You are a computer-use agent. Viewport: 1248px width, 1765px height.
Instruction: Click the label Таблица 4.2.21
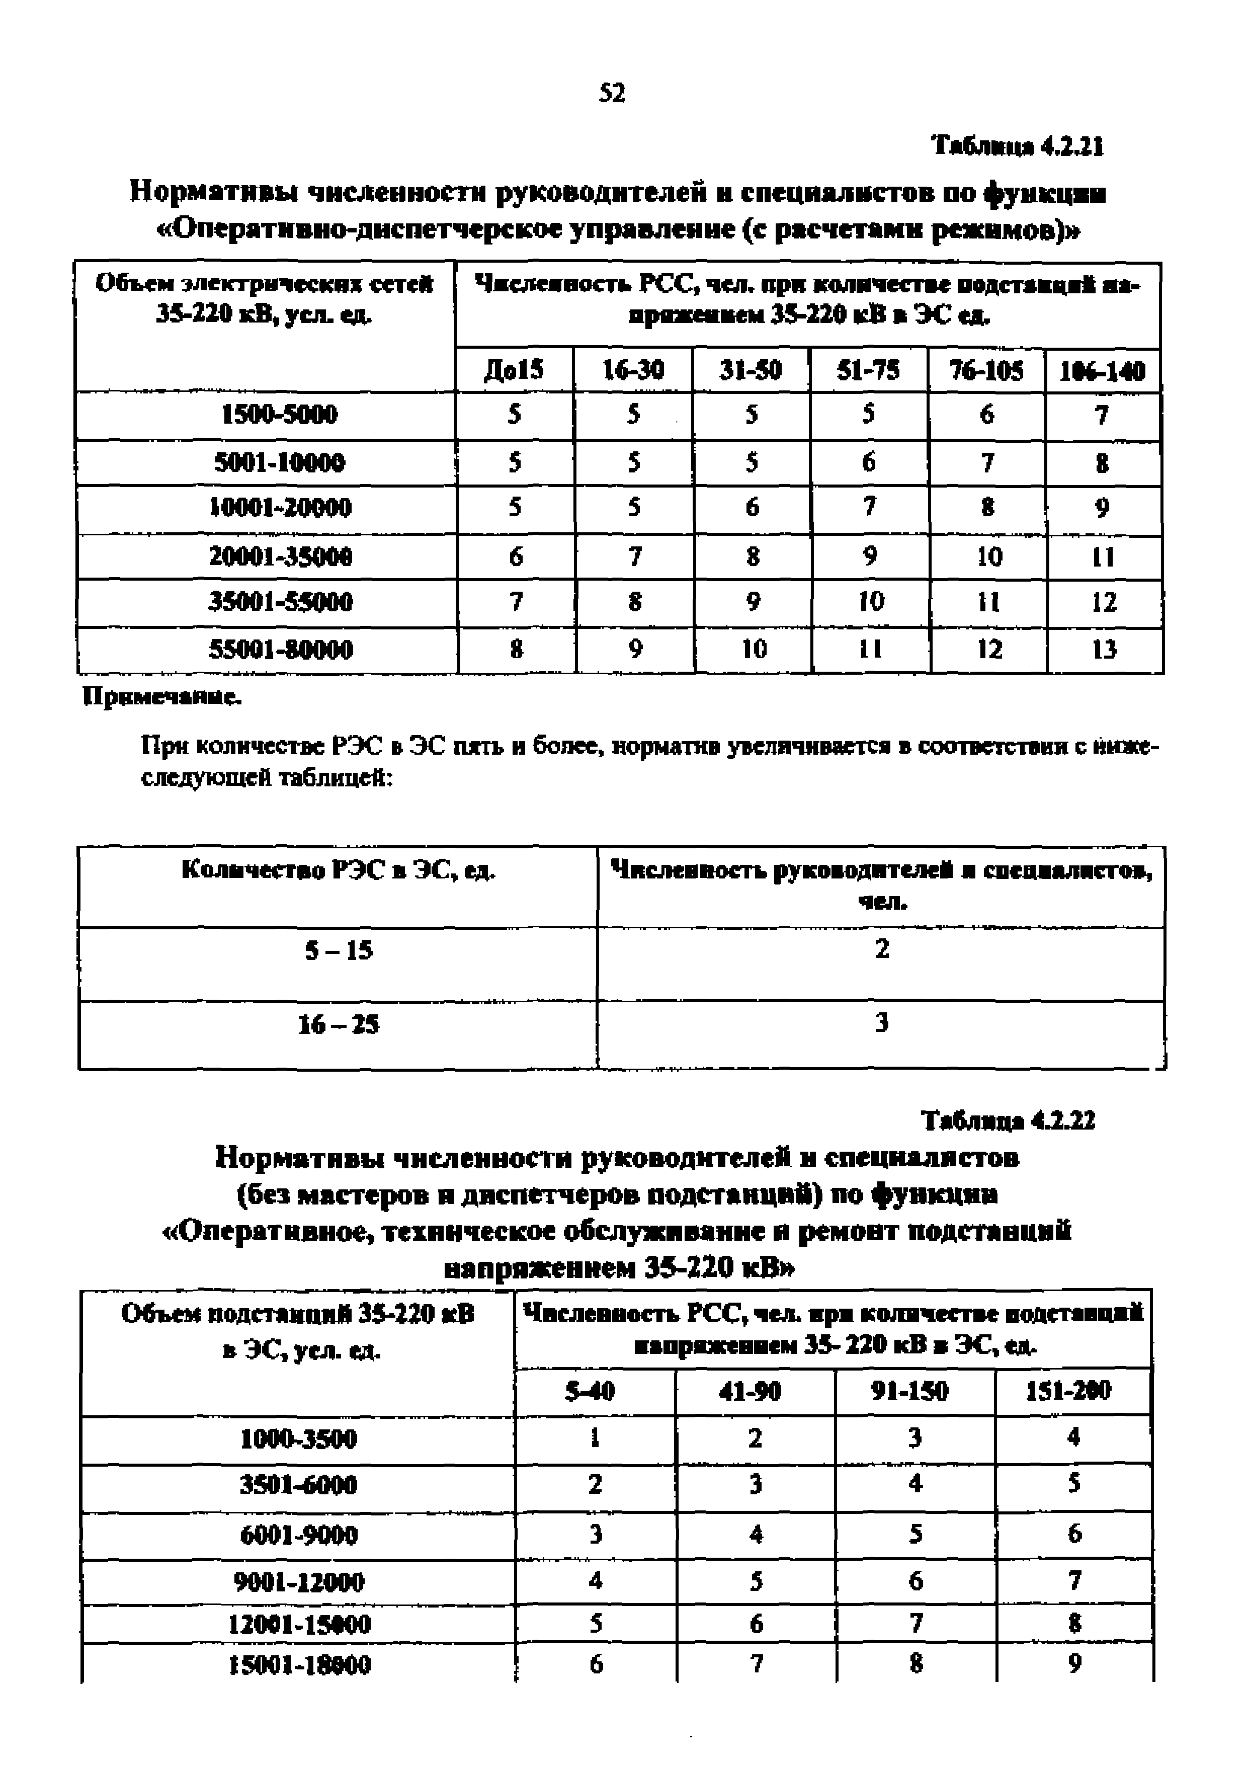pyautogui.click(x=1018, y=145)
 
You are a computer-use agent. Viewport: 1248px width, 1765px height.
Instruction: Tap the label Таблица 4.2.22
pyautogui.click(x=1008, y=1121)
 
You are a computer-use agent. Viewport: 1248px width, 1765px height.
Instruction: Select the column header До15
pyautogui.click(x=514, y=370)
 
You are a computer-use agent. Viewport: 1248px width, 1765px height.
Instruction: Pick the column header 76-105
pyautogui.click(x=987, y=370)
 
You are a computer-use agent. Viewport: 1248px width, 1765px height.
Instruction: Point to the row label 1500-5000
pyautogui.click(x=280, y=415)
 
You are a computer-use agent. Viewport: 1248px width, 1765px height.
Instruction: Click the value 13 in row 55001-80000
pyautogui.click(x=1104, y=650)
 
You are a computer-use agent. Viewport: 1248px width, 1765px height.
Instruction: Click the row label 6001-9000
pyautogui.click(x=298, y=1535)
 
